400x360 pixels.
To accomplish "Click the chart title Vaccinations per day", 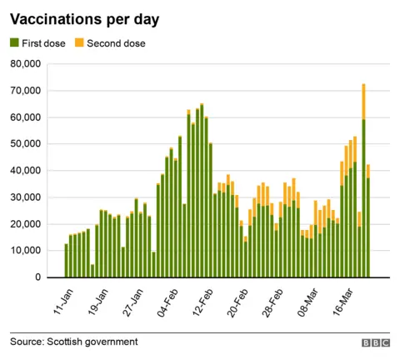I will [84, 18].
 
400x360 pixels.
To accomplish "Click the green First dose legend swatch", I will [15, 42].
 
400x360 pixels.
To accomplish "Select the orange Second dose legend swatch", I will [79, 42].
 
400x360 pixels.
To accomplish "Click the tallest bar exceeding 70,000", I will [363, 183].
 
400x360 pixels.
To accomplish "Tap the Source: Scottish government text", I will [74, 342].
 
